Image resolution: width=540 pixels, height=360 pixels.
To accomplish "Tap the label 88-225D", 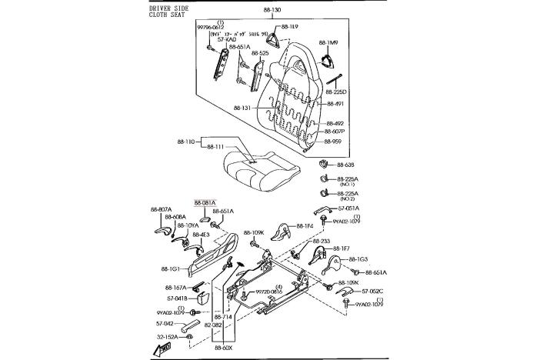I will coord(336,92).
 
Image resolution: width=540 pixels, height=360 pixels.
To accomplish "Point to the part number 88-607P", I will coord(335,132).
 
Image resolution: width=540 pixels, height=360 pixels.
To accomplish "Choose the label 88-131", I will coord(242,108).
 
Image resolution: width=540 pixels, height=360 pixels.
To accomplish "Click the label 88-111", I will coord(215,146).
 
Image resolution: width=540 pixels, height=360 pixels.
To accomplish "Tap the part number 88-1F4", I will coord(305,225).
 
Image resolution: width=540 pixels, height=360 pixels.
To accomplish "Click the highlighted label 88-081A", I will coord(205,202).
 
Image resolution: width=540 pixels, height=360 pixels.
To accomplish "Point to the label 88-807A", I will coord(161,209).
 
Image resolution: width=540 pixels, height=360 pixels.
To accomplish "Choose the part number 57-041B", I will coord(178,298).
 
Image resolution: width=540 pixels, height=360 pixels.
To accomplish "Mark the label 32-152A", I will coord(168,337).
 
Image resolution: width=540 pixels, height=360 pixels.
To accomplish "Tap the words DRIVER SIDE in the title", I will coord(168,7).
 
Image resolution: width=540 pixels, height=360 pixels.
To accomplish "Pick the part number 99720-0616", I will coord(268,292).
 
